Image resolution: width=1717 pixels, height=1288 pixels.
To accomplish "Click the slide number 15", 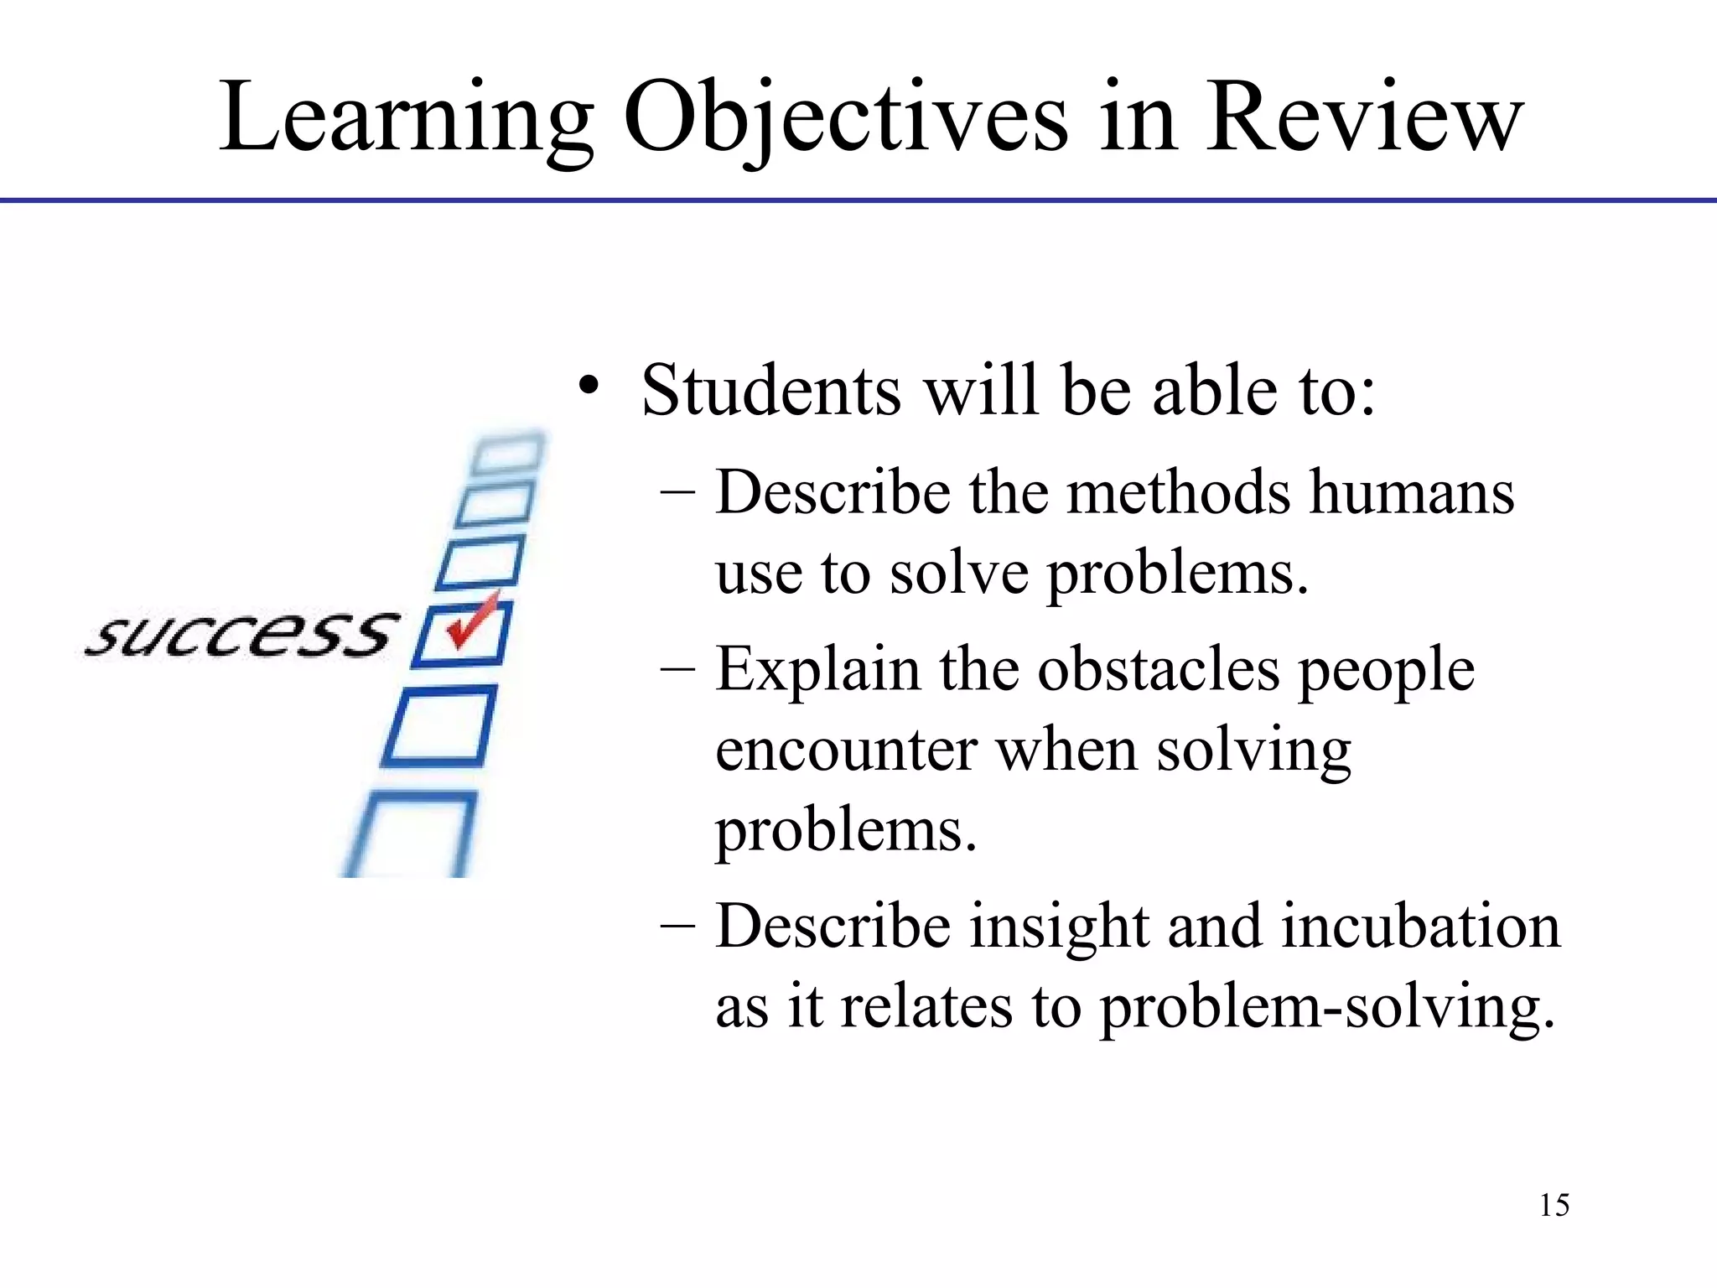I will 1554,1205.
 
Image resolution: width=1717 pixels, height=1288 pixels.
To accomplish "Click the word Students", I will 771,391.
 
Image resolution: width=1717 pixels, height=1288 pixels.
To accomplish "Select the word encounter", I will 846,750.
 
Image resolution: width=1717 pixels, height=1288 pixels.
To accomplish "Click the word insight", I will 1060,927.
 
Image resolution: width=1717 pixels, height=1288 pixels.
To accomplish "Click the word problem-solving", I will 1327,1007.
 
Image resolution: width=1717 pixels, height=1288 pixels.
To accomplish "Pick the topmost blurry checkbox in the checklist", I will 507,454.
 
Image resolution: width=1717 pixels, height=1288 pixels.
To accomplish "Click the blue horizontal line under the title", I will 858,200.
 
